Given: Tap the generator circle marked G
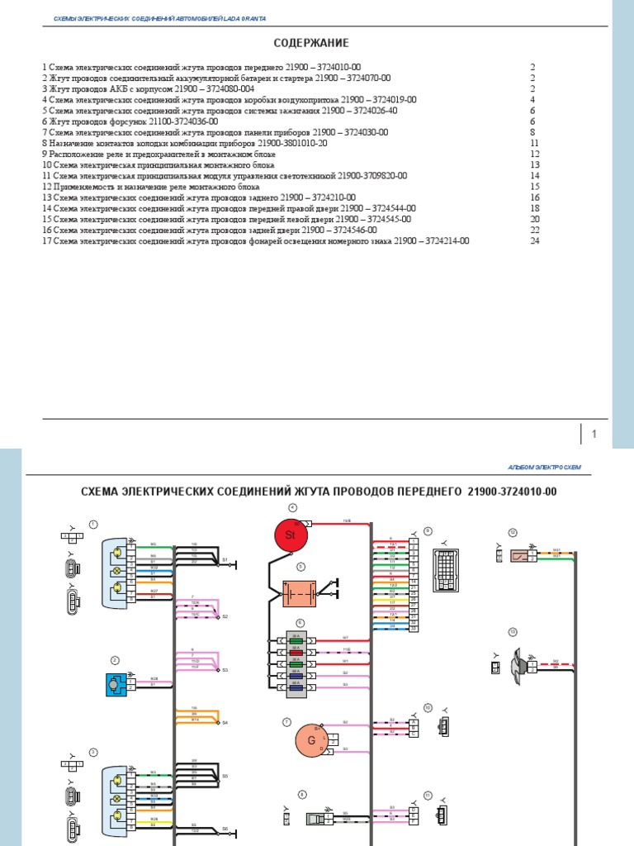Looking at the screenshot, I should tap(312, 740).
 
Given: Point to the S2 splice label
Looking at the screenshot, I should tap(225, 616).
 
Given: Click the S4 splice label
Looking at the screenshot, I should tap(225, 723).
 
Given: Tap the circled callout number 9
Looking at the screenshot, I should tap(428, 531).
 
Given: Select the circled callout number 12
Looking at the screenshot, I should tap(513, 533).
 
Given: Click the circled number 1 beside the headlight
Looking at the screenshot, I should tap(93, 524).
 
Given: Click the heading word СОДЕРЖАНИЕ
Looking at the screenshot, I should tap(311, 43).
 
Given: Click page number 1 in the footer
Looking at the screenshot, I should tap(594, 435).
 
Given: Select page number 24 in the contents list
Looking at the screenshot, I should tap(534, 241).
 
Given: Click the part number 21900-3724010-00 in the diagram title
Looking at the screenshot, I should tap(512, 492).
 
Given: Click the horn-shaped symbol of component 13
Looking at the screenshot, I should tap(519, 663).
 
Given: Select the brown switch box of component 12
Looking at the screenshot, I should tap(520, 555).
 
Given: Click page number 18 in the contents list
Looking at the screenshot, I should tap(534, 209).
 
